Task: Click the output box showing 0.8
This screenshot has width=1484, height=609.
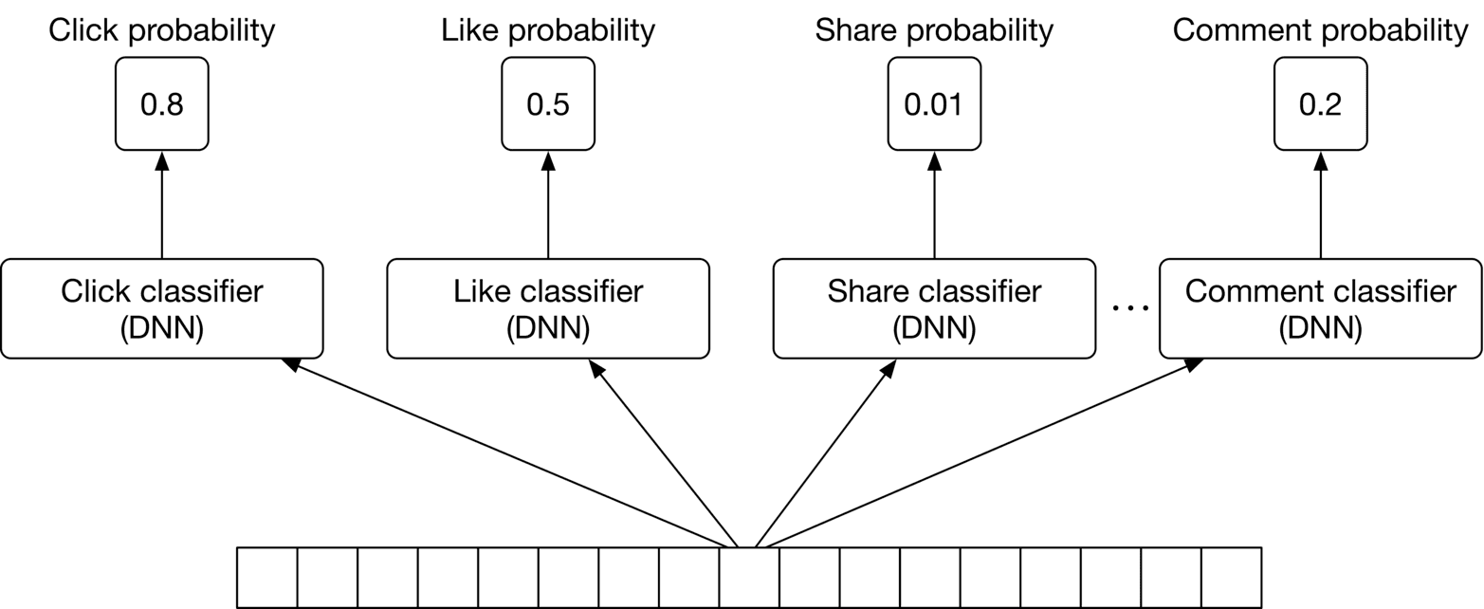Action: (161, 103)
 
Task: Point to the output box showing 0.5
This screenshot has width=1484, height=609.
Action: (548, 103)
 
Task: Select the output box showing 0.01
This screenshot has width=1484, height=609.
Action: (934, 103)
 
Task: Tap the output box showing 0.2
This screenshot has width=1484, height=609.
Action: (1320, 103)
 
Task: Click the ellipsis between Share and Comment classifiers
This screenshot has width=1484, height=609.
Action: (1129, 309)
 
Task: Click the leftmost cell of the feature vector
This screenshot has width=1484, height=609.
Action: (266, 578)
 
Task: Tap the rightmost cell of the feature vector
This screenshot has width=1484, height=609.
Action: (1231, 578)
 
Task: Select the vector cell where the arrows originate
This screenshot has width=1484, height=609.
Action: (749, 578)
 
